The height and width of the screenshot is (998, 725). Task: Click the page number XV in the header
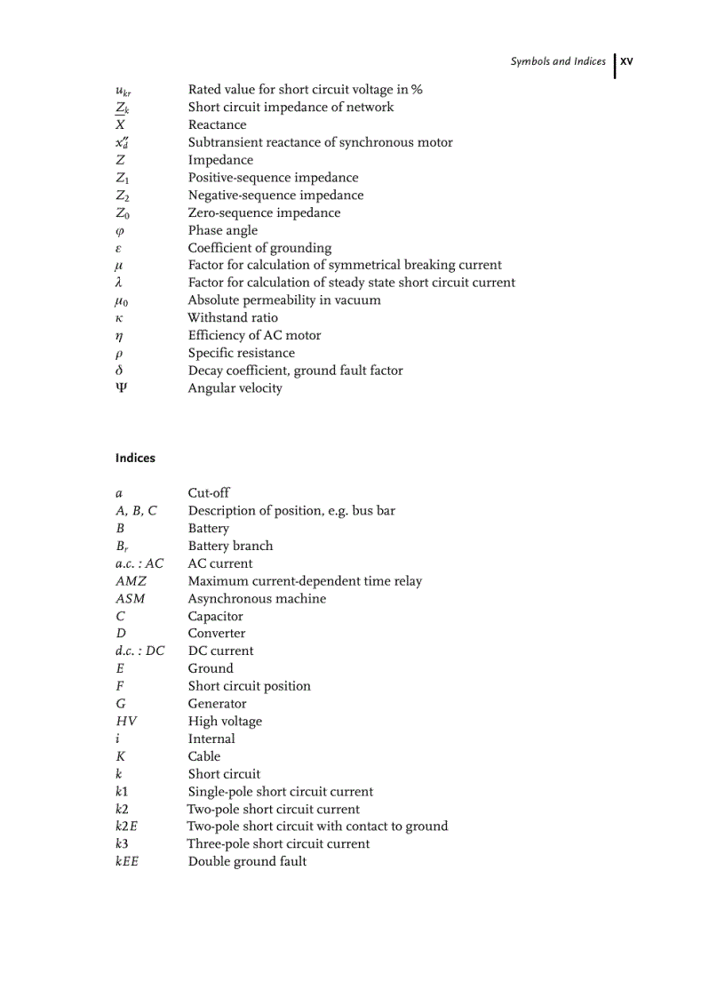[626, 62]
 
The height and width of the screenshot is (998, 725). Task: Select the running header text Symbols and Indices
[557, 62]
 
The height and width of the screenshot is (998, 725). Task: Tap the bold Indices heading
[135, 459]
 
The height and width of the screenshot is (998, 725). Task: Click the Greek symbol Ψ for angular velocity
[121, 388]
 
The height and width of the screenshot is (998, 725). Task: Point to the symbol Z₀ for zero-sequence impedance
[122, 213]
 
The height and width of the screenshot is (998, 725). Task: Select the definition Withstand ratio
[233, 318]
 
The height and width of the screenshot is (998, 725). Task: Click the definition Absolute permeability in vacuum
[284, 300]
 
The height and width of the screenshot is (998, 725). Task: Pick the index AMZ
[131, 581]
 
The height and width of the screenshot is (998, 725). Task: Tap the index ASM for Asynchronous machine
[130, 599]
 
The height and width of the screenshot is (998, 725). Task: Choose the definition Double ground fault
[247, 862]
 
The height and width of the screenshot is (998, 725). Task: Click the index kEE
[127, 862]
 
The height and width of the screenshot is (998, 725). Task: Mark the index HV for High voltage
[126, 722]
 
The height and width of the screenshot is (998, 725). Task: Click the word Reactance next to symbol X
[217, 125]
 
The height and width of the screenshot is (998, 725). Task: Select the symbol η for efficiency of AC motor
[119, 336]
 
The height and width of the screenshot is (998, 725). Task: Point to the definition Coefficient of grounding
[259, 248]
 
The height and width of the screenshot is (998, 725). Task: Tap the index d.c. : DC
[139, 651]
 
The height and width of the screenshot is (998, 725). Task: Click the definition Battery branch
[230, 547]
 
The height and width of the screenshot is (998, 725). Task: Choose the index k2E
[126, 826]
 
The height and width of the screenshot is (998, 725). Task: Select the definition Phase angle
[222, 230]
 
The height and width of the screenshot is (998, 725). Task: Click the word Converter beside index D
[216, 634]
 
